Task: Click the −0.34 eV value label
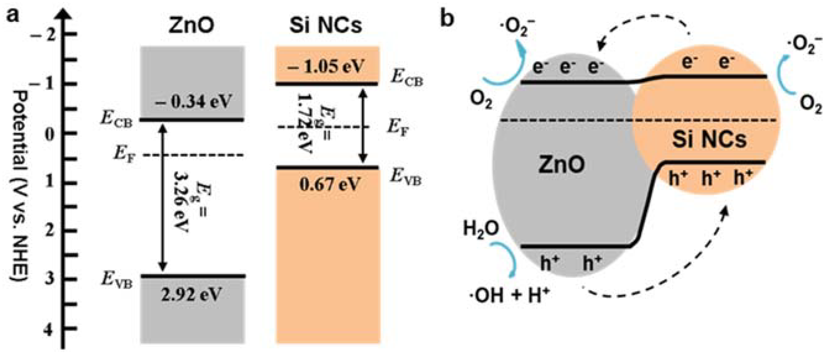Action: point(193,101)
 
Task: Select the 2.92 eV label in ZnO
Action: point(192,295)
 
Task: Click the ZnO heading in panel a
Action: point(191,25)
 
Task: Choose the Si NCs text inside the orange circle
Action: point(709,140)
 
